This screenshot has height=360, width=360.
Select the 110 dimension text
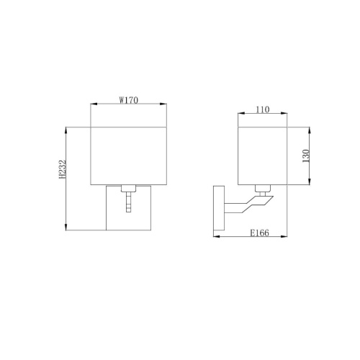click(262, 110)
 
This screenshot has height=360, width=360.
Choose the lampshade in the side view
click(262, 156)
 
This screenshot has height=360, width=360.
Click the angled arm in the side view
click(245, 207)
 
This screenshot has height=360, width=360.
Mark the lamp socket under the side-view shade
click(264, 190)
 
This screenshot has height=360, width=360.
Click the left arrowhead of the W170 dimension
click(91, 105)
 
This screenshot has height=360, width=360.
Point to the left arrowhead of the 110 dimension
click(239, 115)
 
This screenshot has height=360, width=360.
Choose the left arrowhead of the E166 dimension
click(214, 237)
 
